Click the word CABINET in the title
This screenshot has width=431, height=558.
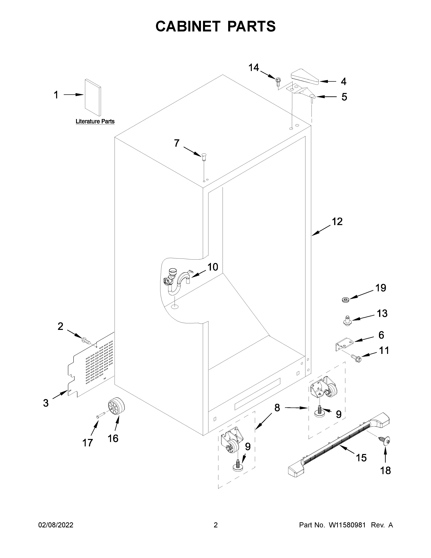[x=188, y=26]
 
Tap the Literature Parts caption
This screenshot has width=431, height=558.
[x=95, y=121]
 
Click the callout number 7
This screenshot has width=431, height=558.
[x=177, y=143]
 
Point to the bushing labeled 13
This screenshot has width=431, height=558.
[x=346, y=320]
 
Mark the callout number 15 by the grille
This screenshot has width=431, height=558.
[x=361, y=458]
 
